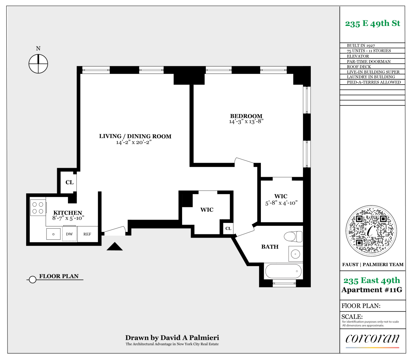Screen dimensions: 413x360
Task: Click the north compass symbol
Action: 38,63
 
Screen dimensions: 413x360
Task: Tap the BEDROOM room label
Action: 246,116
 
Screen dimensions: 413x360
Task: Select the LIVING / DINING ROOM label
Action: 135,136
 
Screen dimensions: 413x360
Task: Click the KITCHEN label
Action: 68,213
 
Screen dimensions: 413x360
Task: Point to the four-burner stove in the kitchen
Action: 38,207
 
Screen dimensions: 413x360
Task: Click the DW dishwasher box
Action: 69,234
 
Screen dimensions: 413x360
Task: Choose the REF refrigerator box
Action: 87,234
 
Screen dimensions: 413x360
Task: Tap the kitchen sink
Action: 54,234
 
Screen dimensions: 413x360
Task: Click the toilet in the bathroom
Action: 294,237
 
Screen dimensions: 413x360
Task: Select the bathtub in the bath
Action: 283,271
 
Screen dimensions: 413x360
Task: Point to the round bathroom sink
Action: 295,254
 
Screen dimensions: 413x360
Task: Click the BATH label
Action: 270,247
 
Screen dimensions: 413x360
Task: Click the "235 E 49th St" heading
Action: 372,24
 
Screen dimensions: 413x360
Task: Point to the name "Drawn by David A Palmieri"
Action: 172,338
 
